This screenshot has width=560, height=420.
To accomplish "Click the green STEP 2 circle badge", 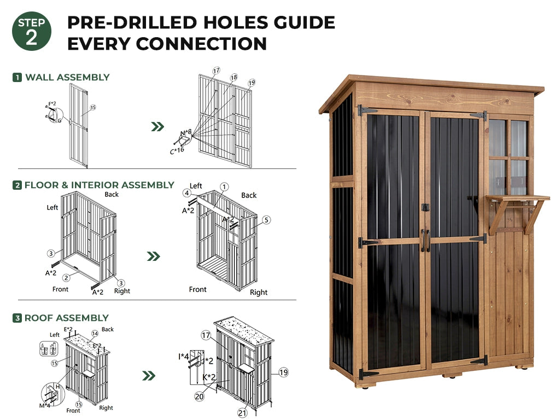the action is point(31,31).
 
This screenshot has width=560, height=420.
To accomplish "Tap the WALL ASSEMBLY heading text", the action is point(67,77).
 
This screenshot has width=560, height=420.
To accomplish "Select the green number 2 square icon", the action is point(17,185).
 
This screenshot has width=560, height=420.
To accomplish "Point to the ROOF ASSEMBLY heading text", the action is point(66,318).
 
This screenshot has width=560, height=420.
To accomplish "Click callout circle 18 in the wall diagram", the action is point(234,78).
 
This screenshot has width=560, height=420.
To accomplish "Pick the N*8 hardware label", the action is point(186,133).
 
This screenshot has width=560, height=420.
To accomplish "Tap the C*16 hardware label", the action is point(177,150).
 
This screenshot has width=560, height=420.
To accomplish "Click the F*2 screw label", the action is point(52,104).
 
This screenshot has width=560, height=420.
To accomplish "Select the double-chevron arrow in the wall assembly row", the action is point(157,126).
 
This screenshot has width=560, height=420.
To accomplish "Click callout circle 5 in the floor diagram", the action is point(266,220).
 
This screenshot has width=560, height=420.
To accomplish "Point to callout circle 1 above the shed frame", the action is point(224,186).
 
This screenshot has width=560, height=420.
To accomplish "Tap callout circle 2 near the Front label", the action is point(66,277).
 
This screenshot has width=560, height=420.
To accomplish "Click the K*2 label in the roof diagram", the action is point(209,377).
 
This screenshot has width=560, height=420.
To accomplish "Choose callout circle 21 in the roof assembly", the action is point(242,413).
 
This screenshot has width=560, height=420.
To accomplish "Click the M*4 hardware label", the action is point(45,405).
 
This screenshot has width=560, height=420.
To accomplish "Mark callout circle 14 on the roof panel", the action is point(95,334).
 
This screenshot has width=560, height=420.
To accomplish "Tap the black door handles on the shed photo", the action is point(425,241).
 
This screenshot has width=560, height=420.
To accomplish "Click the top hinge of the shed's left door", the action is point(367,110).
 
